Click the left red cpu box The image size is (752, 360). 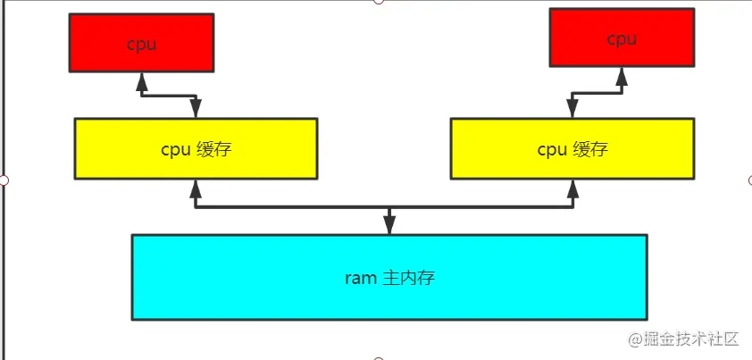pyautogui.click(x=141, y=42)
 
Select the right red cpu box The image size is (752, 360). pyautogui.click(x=622, y=38)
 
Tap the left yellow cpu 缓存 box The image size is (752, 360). pyautogui.click(x=196, y=148)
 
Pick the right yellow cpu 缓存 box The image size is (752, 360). pyautogui.click(x=572, y=148)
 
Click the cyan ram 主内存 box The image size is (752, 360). pyautogui.click(x=389, y=276)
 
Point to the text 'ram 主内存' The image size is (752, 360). pyautogui.click(x=389, y=277)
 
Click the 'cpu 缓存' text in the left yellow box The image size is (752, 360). pyautogui.click(x=196, y=149)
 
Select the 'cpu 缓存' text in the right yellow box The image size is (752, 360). pyautogui.click(x=572, y=149)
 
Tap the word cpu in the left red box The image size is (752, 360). pyautogui.click(x=141, y=44)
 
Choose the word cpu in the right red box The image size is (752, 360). pyautogui.click(x=622, y=39)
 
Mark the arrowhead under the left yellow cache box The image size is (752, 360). pyautogui.click(x=196, y=188)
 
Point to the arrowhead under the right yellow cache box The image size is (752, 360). pyautogui.click(x=572, y=188)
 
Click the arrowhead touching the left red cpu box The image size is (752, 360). pyautogui.click(x=141, y=81)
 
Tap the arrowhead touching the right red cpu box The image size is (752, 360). pyautogui.click(x=622, y=77)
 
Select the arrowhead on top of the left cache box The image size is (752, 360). pyautogui.click(x=196, y=108)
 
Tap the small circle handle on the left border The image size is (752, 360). pyautogui.click(x=4, y=180)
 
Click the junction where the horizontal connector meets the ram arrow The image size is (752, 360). pyautogui.click(x=389, y=207)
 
